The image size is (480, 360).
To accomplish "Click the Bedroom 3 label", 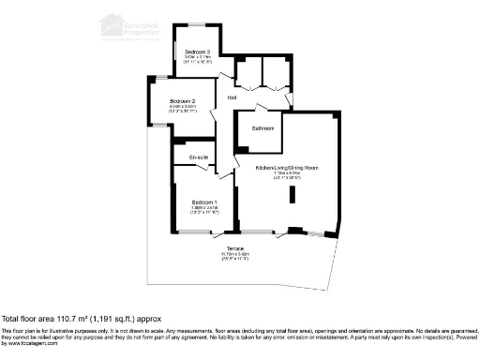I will (x=197, y=51).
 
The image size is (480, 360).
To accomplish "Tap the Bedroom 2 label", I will (x=182, y=100).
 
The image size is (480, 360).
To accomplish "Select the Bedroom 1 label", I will (x=204, y=202).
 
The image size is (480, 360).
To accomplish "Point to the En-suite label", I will (x=198, y=157).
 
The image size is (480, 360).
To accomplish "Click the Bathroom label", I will (x=262, y=127).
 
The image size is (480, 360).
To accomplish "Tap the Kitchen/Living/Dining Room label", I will (x=288, y=167).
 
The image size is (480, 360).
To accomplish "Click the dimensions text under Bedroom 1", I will (x=204, y=210).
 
